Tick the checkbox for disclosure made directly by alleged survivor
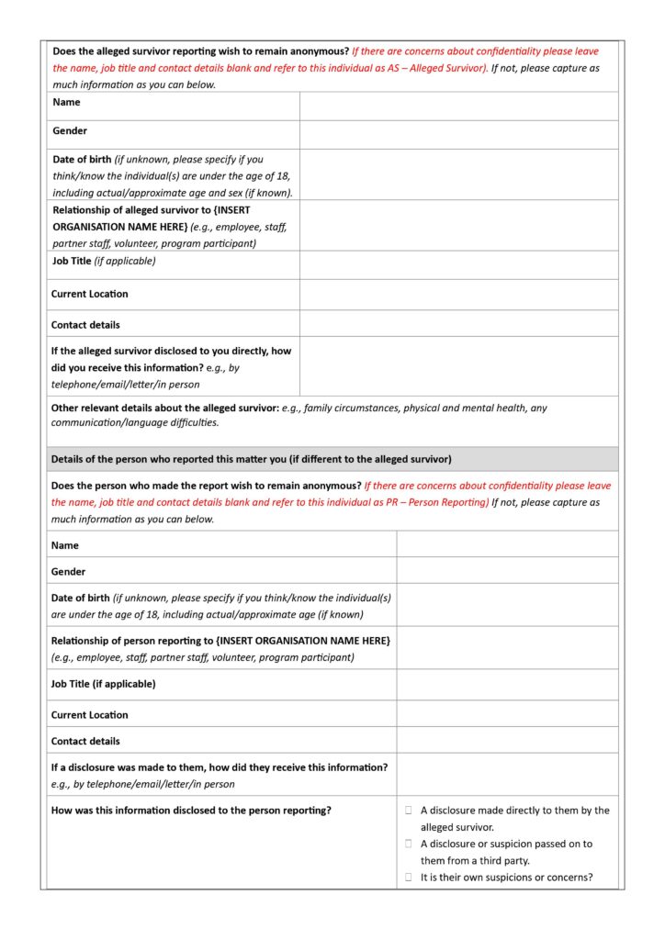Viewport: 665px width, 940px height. coord(409,811)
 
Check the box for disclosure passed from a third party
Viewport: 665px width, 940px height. coord(409,844)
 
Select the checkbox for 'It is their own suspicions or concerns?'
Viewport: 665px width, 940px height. coord(409,878)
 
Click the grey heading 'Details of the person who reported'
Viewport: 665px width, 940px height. coord(251,459)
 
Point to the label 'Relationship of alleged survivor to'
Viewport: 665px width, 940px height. coord(151,210)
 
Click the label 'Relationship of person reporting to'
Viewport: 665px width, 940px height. coord(220,641)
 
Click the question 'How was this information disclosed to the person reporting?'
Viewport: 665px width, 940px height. coord(191,811)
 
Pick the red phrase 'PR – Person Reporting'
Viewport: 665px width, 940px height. coord(434,502)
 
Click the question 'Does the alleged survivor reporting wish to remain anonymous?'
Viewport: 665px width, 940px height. coord(200,51)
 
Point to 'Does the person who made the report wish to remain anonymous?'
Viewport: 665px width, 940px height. coord(206,486)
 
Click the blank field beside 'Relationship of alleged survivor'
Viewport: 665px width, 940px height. coord(458,226)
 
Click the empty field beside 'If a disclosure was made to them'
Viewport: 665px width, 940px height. coord(508,775)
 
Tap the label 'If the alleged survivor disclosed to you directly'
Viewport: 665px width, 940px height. coord(171,352)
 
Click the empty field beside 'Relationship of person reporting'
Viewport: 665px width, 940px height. coord(508,648)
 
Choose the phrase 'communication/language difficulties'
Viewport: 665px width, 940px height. coord(135,423)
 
